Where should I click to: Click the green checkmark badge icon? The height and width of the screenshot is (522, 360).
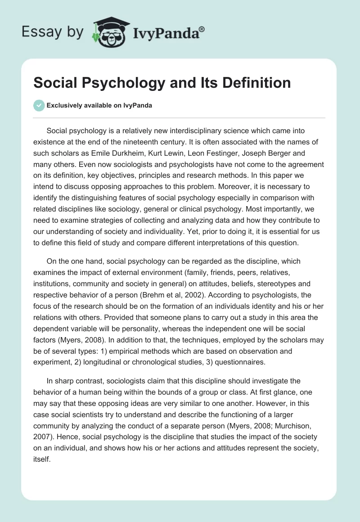pos(39,105)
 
